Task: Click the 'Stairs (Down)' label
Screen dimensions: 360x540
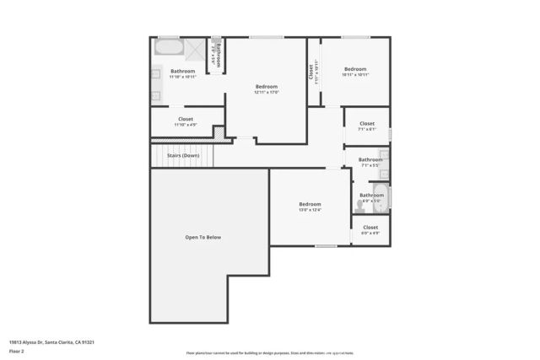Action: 183,155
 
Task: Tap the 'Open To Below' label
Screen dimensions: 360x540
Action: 203,238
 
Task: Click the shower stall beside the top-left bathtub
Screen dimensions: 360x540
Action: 193,49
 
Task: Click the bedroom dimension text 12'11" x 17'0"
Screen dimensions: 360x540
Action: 267,92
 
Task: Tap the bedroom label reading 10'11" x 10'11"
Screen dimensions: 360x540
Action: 355,75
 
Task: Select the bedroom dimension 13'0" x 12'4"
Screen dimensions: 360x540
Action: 310,210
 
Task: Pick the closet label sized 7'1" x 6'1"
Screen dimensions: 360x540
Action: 367,129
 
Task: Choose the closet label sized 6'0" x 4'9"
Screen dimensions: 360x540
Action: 370,232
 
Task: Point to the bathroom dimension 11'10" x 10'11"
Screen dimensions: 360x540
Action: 183,77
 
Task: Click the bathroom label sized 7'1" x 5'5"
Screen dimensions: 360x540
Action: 370,165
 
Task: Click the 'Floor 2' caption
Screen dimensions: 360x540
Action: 17,352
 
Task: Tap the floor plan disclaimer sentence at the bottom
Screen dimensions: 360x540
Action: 270,352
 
